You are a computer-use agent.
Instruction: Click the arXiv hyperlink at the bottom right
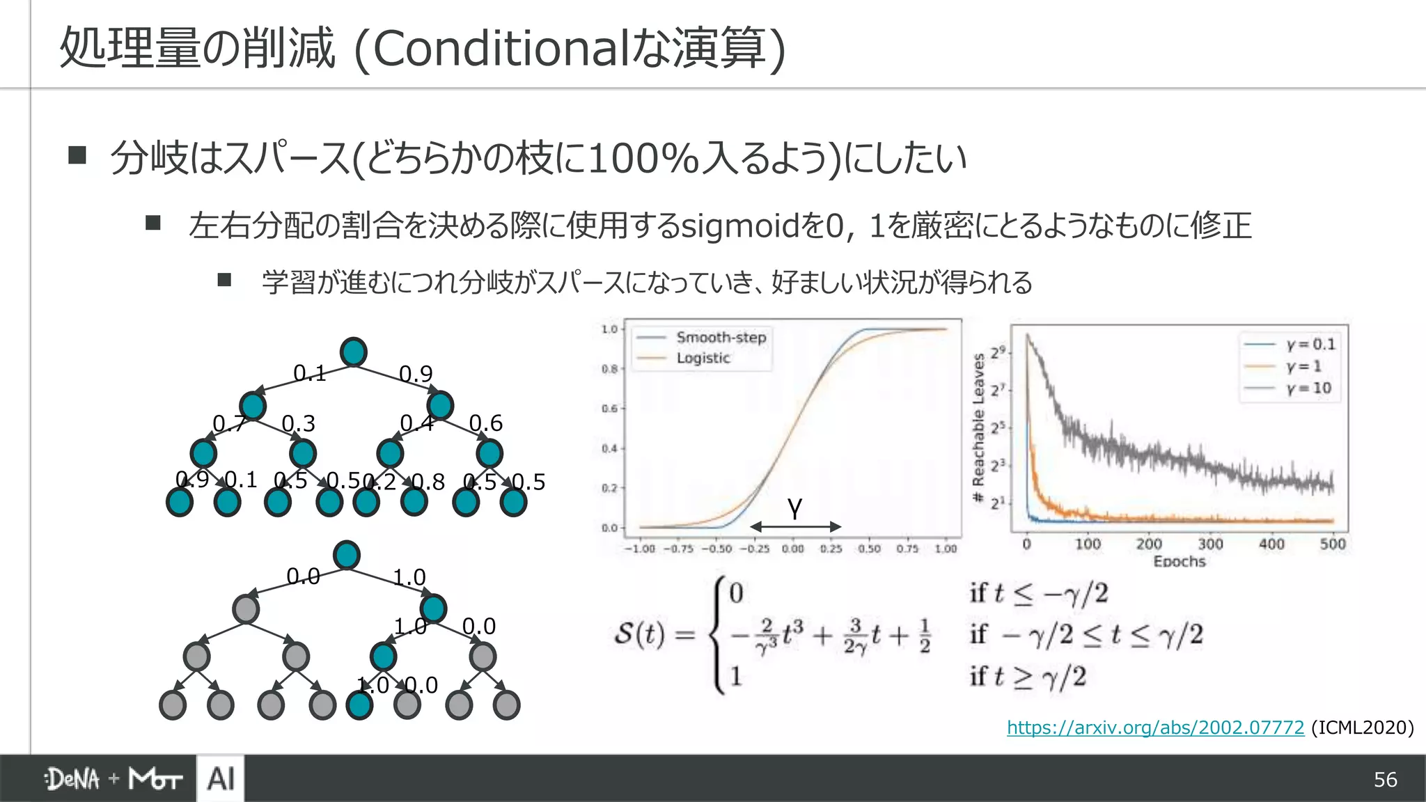pos(1154,728)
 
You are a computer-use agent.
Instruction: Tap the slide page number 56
pos(1385,780)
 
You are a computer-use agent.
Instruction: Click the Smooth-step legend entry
pos(721,338)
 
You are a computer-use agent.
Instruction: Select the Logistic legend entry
pos(703,358)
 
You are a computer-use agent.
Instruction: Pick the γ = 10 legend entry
pos(1308,388)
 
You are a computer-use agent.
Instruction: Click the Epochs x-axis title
pos(1179,561)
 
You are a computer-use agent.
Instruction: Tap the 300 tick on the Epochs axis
pos(1210,544)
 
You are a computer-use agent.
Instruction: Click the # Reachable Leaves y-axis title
pos(978,428)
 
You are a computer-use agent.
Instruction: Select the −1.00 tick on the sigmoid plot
pos(639,549)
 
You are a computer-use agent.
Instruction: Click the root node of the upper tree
pos(354,352)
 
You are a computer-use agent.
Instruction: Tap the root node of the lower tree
pos(347,556)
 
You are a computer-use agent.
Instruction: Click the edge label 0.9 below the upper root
pos(416,375)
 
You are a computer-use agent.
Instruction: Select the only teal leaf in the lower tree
pos(359,705)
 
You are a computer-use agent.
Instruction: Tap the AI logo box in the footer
pos(221,778)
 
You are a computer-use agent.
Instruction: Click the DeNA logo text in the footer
pos(72,779)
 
